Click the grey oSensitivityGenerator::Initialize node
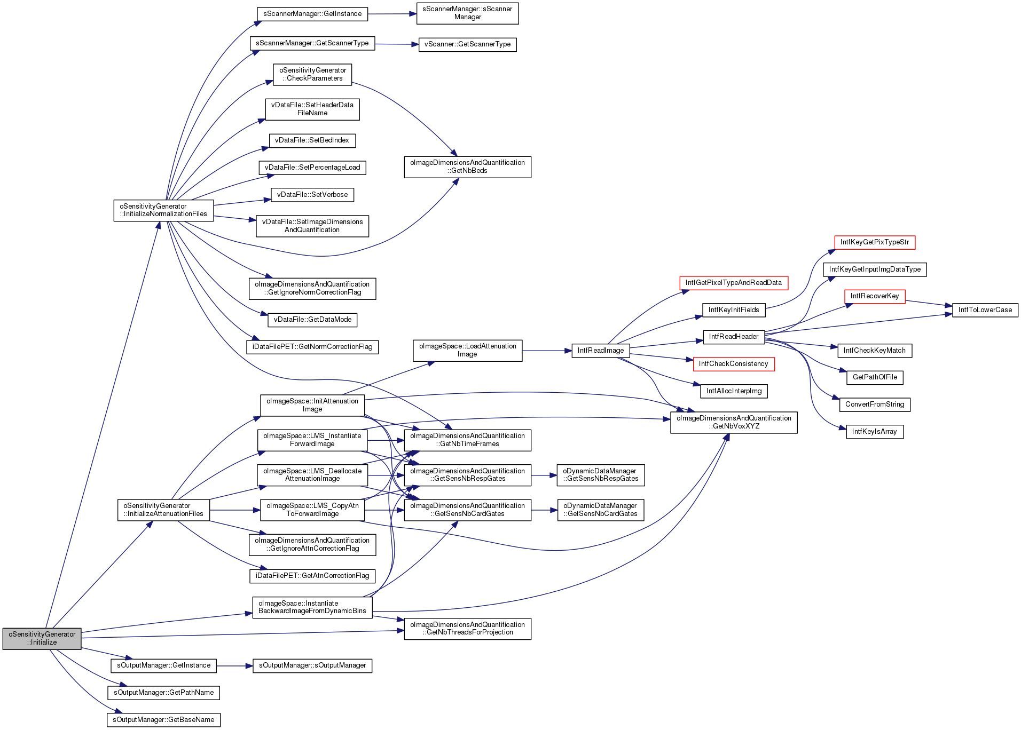pyautogui.click(x=42, y=638)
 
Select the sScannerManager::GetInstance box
pyautogui.click(x=312, y=14)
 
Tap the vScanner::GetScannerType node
pyautogui.click(x=467, y=44)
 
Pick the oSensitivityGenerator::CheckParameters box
pyautogui.click(x=312, y=74)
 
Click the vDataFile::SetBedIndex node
pyautogui.click(x=312, y=140)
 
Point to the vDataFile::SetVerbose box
pyautogui.click(x=312, y=195)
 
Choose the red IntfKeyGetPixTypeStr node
pyautogui.click(x=874, y=242)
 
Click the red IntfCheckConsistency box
pyautogui.click(x=733, y=364)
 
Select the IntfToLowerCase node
pyautogui.click(x=985, y=310)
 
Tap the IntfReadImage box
pyautogui.click(x=600, y=351)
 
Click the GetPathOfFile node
pyautogui.click(x=875, y=377)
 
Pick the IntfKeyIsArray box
pyautogui.click(x=874, y=432)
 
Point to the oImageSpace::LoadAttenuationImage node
pyautogui.click(x=467, y=350)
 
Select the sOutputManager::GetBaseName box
pyautogui.click(x=163, y=720)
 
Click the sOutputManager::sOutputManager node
pyautogui.click(x=312, y=665)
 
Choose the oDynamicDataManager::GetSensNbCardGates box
pyautogui.click(x=600, y=510)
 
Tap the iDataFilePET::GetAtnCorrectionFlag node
pyautogui.click(x=312, y=576)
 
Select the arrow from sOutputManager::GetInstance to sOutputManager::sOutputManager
pyautogui.click(x=234, y=665)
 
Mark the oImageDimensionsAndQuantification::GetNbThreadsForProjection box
pyautogui.click(x=467, y=629)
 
